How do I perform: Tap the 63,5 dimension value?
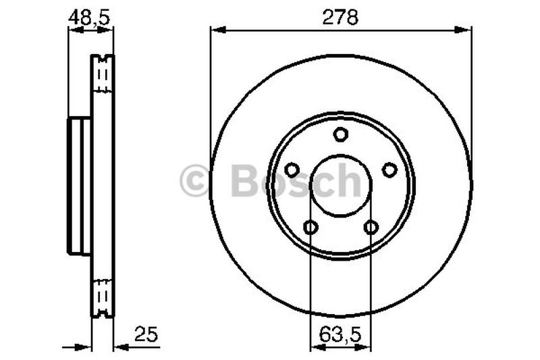(340, 333)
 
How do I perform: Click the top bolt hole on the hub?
(341, 134)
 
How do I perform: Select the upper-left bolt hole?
(292, 170)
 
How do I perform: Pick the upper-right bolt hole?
(389, 170)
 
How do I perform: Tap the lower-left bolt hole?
(310, 227)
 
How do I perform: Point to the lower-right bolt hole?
(371, 227)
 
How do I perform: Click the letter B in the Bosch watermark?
(244, 181)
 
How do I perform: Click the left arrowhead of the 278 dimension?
(216, 29)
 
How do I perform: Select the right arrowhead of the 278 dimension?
(465, 29)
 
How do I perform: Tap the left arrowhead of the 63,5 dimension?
(315, 347)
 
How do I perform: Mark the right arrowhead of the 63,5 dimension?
(366, 347)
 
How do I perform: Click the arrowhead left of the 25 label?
(121, 347)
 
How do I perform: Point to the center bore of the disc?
(341, 185)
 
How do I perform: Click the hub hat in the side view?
(79, 186)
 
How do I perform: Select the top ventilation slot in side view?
(103, 74)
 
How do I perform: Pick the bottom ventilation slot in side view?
(103, 297)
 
